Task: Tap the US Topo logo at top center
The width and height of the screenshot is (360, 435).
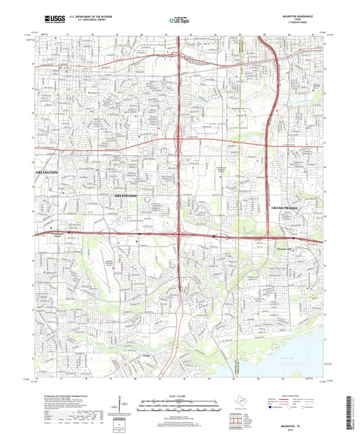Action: pyautogui.click(x=178, y=22)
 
